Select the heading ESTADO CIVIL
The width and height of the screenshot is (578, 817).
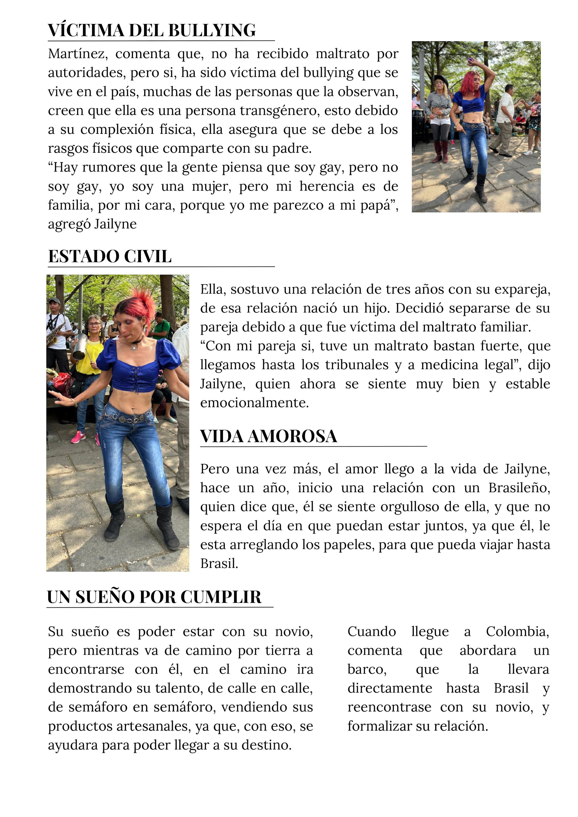pos(110,257)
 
